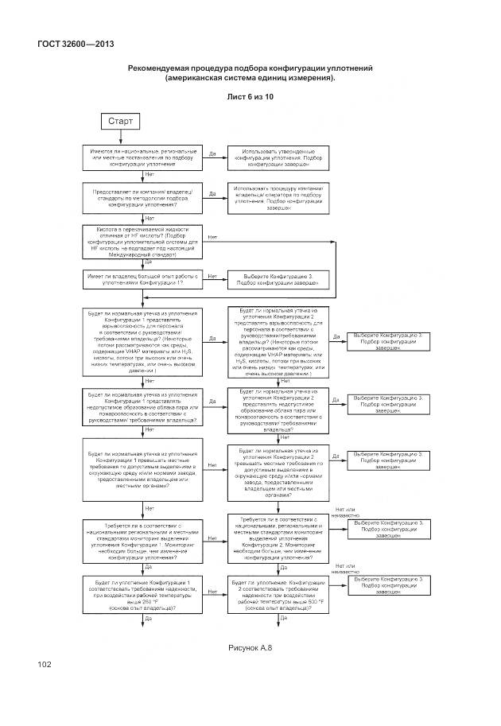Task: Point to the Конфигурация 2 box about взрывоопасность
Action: click(x=278, y=341)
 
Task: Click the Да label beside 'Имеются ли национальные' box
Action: click(x=213, y=153)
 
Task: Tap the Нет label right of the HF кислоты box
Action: click(x=213, y=237)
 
